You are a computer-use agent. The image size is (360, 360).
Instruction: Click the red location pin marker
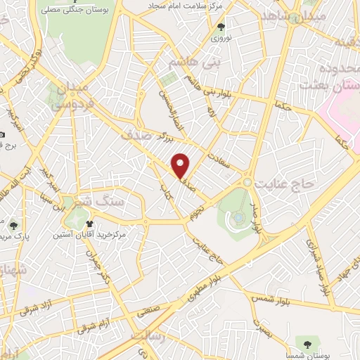pos(181,165)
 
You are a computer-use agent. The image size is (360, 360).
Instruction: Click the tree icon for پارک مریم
pos(14,225)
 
